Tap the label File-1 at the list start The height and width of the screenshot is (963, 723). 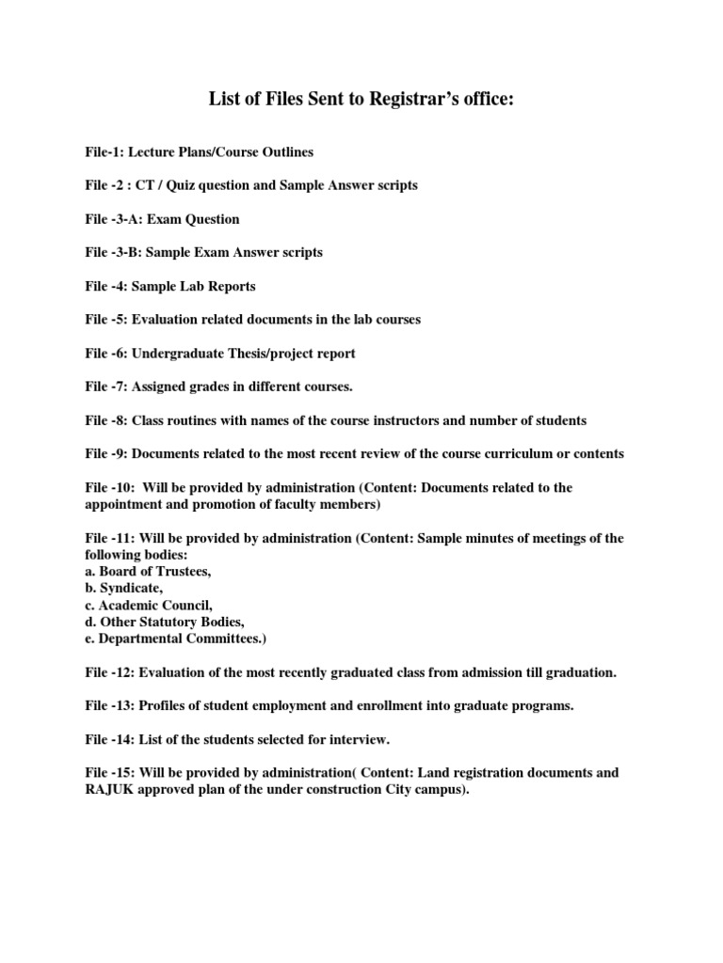104,151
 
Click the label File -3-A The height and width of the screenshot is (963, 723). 113,219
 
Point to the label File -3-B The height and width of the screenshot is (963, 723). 113,253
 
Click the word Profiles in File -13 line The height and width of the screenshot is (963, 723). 166,707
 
